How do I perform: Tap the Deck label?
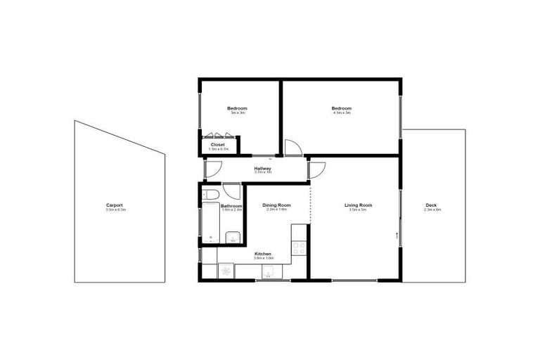(431, 205)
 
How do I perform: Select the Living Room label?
(358, 205)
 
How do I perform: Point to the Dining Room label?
(276, 205)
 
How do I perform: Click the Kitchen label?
(262, 254)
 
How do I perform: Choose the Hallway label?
(262, 169)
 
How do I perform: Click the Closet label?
(218, 145)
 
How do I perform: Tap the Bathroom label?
(231, 206)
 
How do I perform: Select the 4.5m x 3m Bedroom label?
(341, 108)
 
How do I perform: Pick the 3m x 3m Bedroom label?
(237, 108)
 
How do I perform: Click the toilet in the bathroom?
(211, 194)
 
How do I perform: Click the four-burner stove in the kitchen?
(299, 248)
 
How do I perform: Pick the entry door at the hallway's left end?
(212, 169)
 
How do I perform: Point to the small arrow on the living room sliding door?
(397, 235)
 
